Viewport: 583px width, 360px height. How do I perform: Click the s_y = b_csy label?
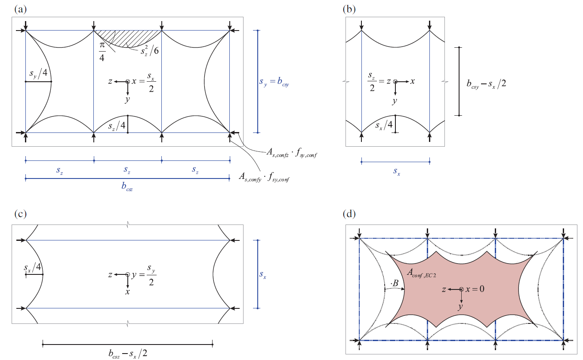pyautogui.click(x=274, y=82)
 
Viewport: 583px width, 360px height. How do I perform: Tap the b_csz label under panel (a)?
pyautogui.click(x=127, y=188)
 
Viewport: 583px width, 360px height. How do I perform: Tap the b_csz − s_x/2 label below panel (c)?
pyautogui.click(x=128, y=354)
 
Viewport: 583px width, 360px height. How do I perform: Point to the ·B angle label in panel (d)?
pyautogui.click(x=394, y=284)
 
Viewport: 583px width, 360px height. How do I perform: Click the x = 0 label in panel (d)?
pyautogui.click(x=475, y=289)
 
